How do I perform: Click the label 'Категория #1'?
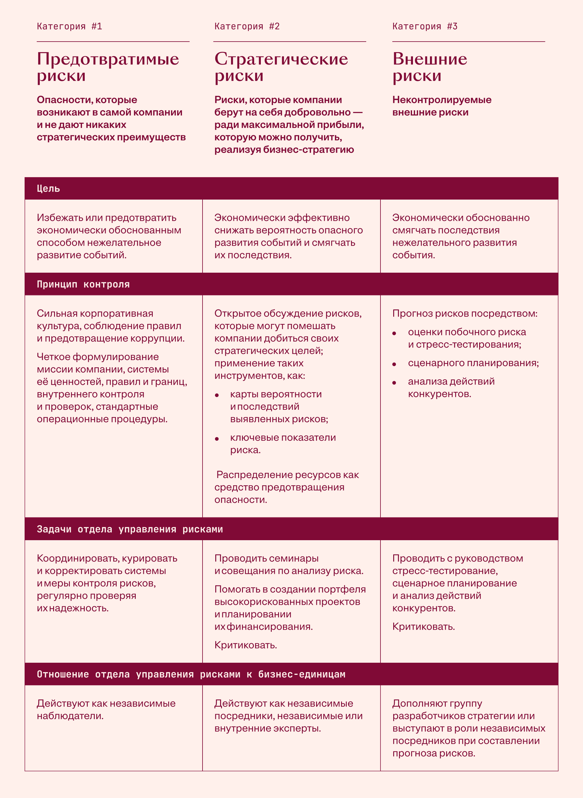tap(70, 26)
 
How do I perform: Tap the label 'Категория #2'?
tap(247, 26)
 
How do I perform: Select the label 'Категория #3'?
tap(425, 26)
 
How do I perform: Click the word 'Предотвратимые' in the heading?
tap(107, 59)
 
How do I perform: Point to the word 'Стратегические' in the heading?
tap(281, 59)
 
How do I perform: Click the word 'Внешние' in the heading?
tap(430, 59)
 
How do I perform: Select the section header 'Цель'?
tap(48, 189)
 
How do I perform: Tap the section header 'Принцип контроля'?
tap(83, 285)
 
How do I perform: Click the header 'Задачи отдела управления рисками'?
tap(130, 529)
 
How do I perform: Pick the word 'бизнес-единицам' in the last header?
tap(302, 674)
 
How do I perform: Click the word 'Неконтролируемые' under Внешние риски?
tap(442, 100)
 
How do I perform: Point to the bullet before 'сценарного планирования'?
tap(394, 364)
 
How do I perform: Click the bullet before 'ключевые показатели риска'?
tap(217, 439)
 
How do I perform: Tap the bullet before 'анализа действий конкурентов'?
tap(394, 383)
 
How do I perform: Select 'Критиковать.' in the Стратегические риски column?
tap(246, 645)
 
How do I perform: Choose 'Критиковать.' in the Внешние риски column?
tap(424, 626)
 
